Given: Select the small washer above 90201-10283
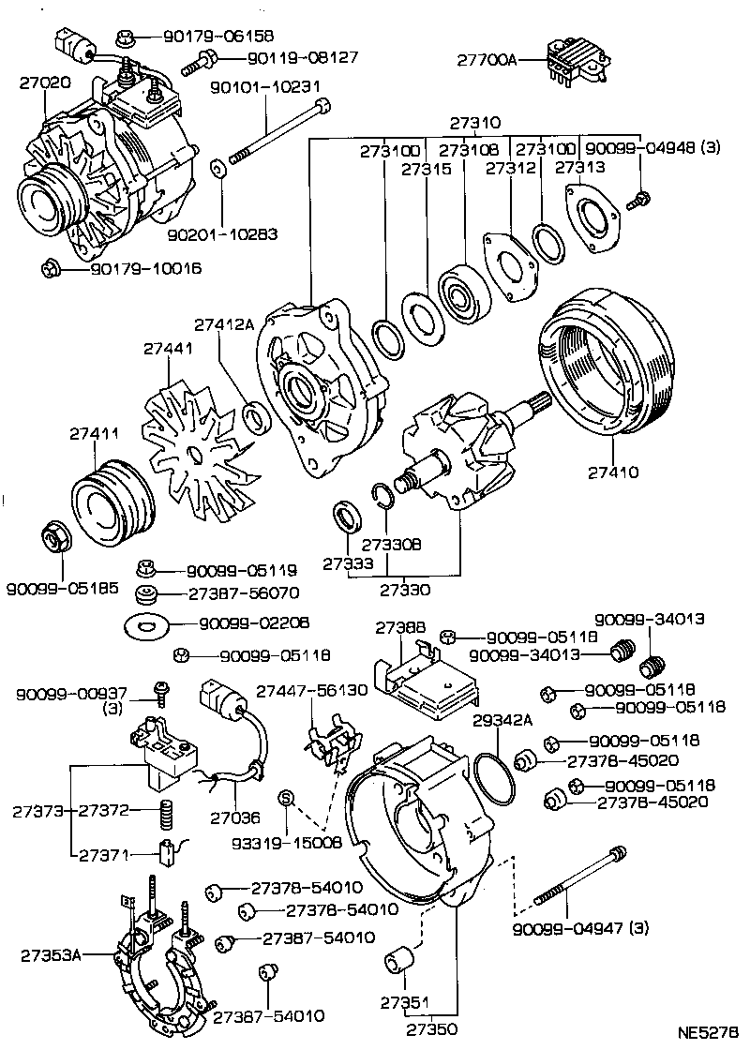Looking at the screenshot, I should point(217,169).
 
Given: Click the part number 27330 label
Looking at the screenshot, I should point(406,590).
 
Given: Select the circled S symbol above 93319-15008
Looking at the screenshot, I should point(288,798).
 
